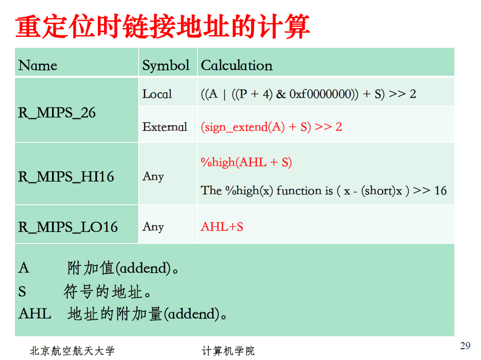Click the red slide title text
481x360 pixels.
(163, 27)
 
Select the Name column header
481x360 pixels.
(37, 65)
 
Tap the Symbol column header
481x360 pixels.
(166, 65)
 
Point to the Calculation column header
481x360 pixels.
(237, 65)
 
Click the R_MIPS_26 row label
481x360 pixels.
(57, 113)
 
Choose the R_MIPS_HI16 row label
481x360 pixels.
(66, 177)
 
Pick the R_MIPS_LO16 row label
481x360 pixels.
(68, 227)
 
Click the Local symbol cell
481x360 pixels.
(157, 94)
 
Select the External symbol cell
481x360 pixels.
(165, 127)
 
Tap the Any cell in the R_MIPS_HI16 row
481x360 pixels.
(153, 177)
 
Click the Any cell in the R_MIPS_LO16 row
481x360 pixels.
(153, 227)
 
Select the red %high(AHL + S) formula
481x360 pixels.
(246, 162)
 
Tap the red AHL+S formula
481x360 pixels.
(222, 227)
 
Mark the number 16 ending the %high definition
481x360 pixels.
(440, 191)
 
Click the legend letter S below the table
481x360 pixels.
(22, 292)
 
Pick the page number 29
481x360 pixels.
(465, 346)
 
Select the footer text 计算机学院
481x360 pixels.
(228, 351)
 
